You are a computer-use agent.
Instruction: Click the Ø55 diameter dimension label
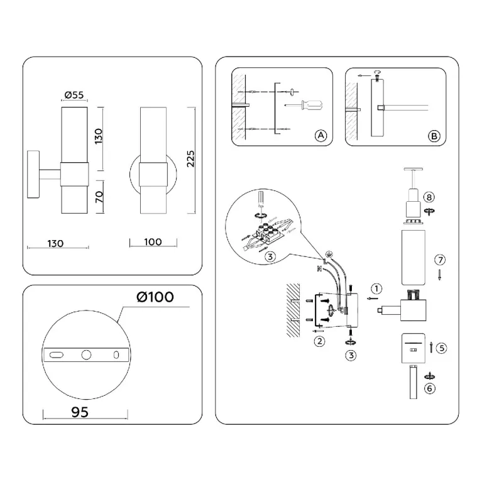coord(74,95)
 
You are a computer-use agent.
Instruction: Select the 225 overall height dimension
coord(191,158)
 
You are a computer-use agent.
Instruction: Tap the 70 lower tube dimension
coord(99,197)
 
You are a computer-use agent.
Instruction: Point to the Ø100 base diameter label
coord(155,297)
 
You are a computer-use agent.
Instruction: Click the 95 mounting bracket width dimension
coord(80,412)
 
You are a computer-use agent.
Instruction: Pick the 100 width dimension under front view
coord(153,242)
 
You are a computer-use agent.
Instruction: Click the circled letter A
coord(321,135)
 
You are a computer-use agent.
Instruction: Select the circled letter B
coord(434,136)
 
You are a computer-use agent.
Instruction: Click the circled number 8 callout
coord(429,197)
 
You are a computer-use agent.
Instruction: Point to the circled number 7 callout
coord(440,260)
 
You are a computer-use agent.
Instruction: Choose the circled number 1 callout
coord(376,288)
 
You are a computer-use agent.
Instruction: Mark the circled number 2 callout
coord(320,341)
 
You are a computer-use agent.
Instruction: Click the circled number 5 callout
coord(442,348)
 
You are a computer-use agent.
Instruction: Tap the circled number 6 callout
coord(429,388)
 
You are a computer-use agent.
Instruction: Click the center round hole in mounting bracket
coord(86,355)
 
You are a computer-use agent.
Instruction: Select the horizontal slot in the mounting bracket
coord(57,355)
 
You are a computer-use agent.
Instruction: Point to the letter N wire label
coord(319,269)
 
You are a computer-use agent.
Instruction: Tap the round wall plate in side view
coord(33,174)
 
